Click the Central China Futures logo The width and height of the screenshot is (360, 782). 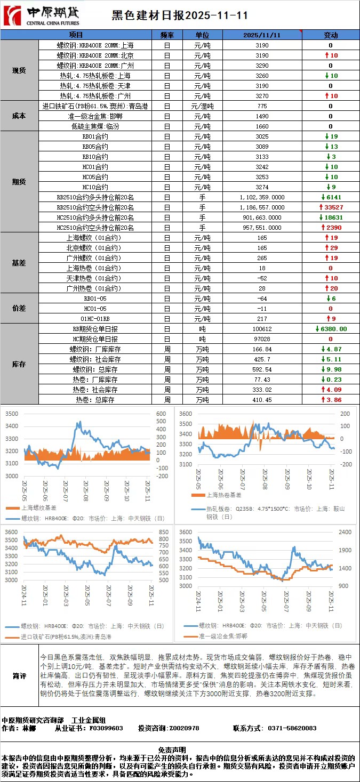click(42, 15)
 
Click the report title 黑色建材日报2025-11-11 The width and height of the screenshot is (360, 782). click(180, 16)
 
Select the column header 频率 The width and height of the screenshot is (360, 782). click(167, 35)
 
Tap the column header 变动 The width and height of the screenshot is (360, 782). click(331, 35)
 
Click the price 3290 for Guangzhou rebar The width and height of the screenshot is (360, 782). click(262, 66)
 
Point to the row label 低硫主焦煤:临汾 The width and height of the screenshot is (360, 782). click(95, 126)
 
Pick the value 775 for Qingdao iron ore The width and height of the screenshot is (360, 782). click(262, 106)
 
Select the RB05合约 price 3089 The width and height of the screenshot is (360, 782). click(262, 147)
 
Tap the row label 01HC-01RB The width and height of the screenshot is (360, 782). click(95, 319)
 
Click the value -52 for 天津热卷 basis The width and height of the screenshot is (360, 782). click(262, 278)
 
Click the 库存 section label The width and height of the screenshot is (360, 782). click(19, 364)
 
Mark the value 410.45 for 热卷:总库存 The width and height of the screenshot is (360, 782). click(262, 399)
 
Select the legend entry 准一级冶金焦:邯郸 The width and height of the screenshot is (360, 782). click(219, 636)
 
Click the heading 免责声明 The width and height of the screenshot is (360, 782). click(180, 749)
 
